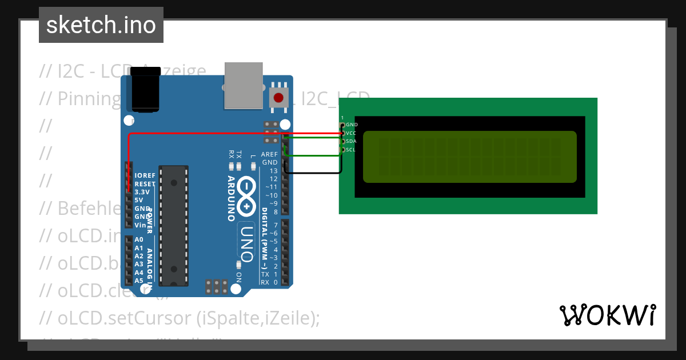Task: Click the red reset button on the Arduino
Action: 278,97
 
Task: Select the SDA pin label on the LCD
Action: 351,141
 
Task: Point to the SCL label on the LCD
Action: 351,150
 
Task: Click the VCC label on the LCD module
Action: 351,133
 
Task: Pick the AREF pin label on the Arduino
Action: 269,155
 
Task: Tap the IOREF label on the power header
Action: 145,176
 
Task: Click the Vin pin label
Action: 140,225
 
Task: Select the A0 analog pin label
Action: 139,240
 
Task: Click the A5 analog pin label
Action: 139,281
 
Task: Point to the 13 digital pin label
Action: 273,171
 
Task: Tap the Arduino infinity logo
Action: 246,195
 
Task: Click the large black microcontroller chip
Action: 174,225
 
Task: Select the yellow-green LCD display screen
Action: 470,157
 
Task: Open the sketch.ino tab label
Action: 101,25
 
